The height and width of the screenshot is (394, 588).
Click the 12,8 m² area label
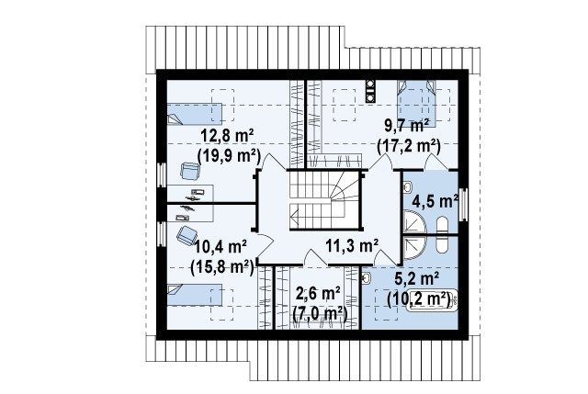tap(228, 135)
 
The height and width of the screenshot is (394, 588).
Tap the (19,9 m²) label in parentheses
tap(229, 155)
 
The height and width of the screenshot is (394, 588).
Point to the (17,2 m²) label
tap(408, 146)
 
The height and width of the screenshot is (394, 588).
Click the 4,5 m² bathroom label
tap(435, 201)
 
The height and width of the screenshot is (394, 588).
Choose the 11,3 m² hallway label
tap(352, 246)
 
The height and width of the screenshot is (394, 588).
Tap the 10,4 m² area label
tap(220, 247)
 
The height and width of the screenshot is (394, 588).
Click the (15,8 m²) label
tap(222, 267)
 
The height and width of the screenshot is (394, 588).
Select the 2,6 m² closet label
tap(318, 294)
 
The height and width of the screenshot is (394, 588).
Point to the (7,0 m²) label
tap(319, 313)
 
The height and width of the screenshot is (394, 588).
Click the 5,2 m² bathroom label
tap(417, 279)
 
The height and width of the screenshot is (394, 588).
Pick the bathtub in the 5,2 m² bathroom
tap(432, 300)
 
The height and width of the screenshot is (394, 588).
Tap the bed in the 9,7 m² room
tap(417, 104)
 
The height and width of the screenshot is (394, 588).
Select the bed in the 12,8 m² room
tap(194, 114)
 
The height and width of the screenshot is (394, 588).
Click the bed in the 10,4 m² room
tap(194, 294)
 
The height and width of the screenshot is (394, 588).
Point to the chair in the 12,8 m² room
tap(190, 171)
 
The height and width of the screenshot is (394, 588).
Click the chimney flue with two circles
tap(370, 91)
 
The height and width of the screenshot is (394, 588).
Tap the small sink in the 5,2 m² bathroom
tap(367, 277)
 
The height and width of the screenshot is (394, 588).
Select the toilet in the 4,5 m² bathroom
tap(443, 225)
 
